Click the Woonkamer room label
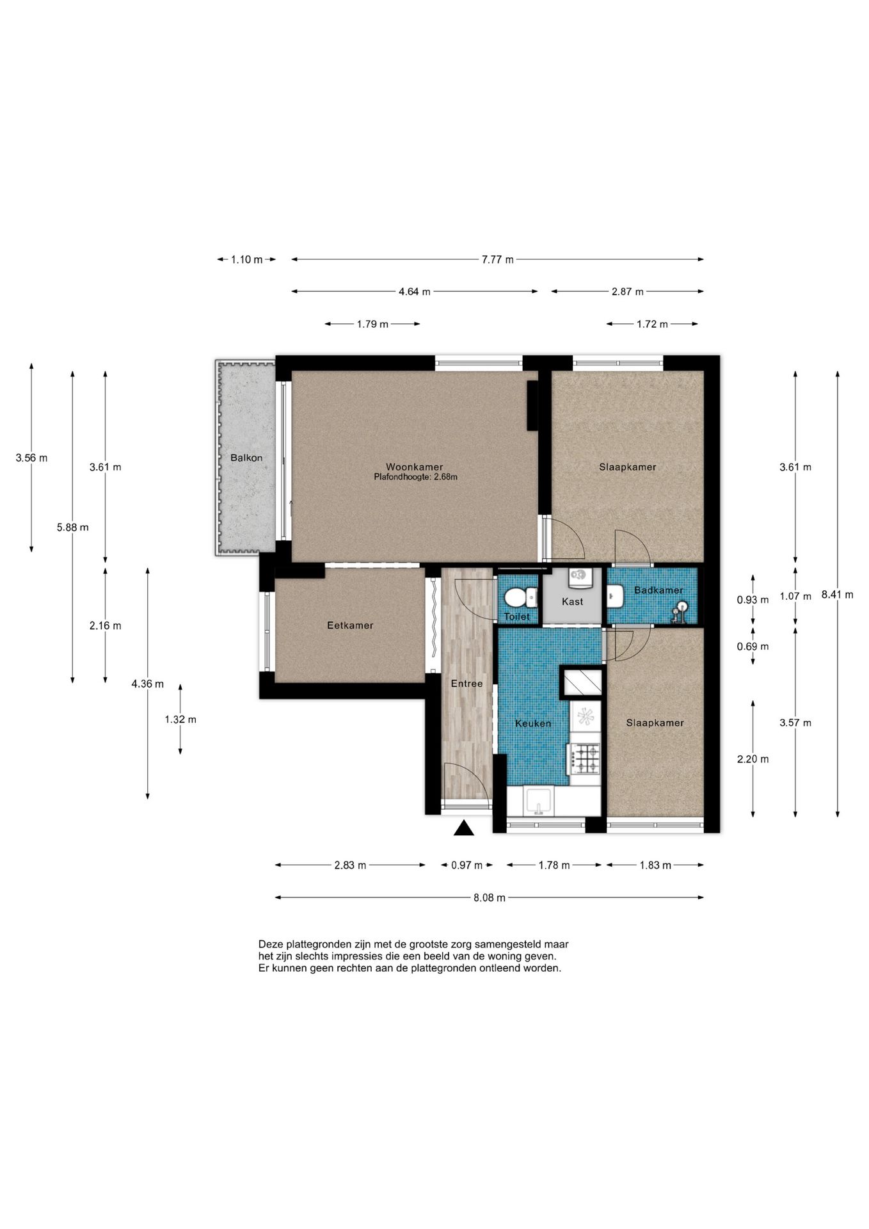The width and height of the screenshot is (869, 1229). point(414,467)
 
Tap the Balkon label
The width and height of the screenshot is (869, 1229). point(246,458)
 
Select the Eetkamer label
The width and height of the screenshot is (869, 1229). point(350,625)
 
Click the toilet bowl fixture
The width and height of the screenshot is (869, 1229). point(520,598)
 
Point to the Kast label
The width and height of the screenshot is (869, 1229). point(572,601)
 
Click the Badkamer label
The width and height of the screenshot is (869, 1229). point(658,590)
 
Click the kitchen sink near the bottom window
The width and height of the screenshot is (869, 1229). point(538,801)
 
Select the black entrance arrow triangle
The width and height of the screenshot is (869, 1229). point(464,828)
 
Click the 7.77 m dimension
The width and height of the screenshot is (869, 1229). point(498,259)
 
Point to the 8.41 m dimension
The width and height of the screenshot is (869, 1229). point(837,594)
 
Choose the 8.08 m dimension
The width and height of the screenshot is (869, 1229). point(490,897)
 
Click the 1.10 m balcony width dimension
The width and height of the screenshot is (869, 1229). point(247,259)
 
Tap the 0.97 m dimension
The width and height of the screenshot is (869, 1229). point(467,865)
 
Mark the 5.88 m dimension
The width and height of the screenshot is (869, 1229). point(72,527)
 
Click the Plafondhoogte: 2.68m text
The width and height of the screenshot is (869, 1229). point(416,477)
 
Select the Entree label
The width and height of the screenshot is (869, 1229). point(466,684)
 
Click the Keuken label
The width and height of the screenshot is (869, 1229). point(533,723)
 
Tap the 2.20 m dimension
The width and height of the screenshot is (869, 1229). point(753,759)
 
